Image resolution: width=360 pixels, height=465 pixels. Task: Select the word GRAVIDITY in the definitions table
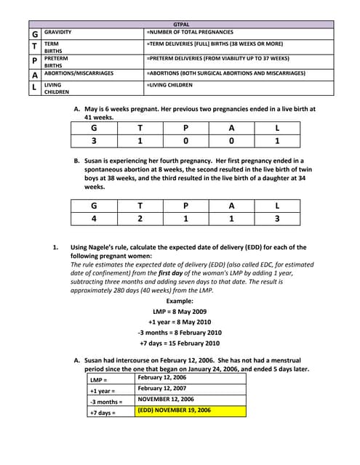tap(58, 33)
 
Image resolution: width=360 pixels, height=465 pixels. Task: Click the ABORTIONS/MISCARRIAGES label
tap(79, 73)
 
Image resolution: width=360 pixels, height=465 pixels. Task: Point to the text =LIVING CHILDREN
tap(169, 85)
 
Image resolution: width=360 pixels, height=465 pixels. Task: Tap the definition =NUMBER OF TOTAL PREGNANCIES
tap(189, 33)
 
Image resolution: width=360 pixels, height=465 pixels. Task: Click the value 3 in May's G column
tap(93, 142)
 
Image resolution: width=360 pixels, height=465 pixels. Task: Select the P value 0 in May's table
tap(185, 142)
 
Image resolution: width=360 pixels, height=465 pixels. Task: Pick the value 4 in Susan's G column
tap(93, 217)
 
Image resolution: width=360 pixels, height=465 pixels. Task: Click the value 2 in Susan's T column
tap(140, 217)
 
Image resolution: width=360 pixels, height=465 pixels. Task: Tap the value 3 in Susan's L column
tap(277, 217)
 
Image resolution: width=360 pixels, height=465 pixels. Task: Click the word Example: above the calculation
tap(180, 301)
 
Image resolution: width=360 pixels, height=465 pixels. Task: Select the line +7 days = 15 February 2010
tap(180, 343)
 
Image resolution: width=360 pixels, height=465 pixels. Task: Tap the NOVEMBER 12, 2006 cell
tap(166, 400)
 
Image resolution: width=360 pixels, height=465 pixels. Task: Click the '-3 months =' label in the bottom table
tap(106, 401)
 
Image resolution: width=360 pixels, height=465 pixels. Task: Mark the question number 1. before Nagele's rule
tap(55, 247)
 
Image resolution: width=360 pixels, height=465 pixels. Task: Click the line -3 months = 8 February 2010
tap(180, 332)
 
